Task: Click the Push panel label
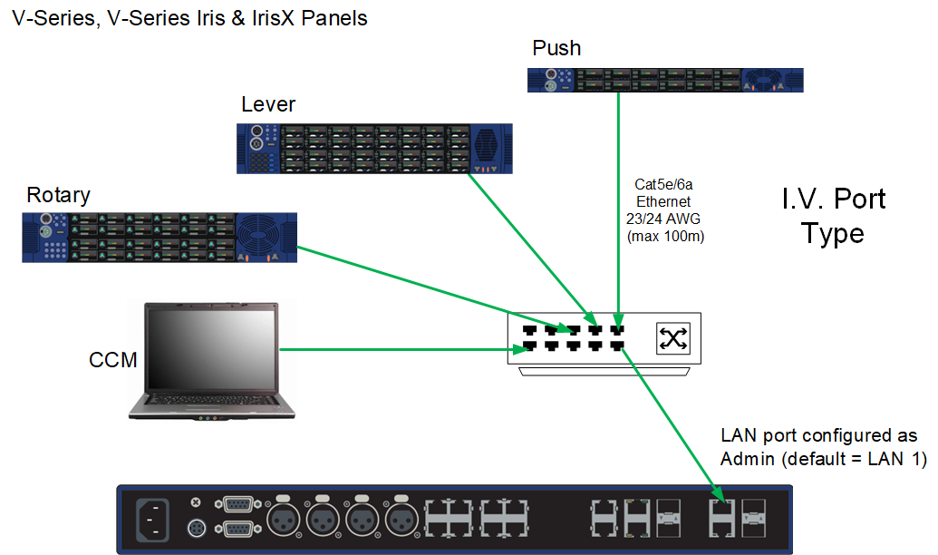(556, 48)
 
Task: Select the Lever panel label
(267, 104)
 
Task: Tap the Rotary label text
(58, 195)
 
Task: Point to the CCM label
(113, 360)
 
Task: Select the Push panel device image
(665, 80)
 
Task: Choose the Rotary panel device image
(159, 238)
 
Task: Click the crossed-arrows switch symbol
(673, 339)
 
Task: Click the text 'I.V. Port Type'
(834, 216)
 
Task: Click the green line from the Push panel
(618, 209)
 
